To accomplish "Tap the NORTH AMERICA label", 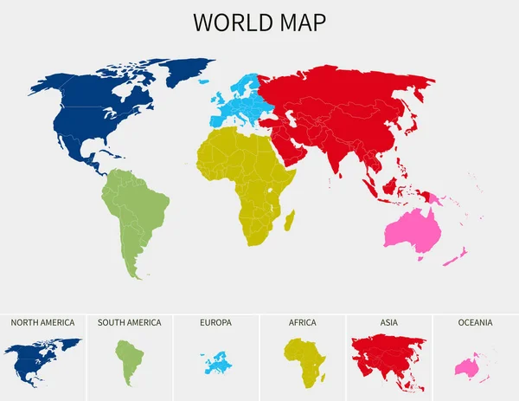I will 42,323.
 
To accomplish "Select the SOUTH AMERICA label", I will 129,323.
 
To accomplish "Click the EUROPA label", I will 215,323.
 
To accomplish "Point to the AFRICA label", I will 302,323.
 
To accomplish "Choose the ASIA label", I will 388,323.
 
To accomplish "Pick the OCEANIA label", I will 475,323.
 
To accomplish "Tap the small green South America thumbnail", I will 128,359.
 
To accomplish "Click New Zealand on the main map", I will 462,252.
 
